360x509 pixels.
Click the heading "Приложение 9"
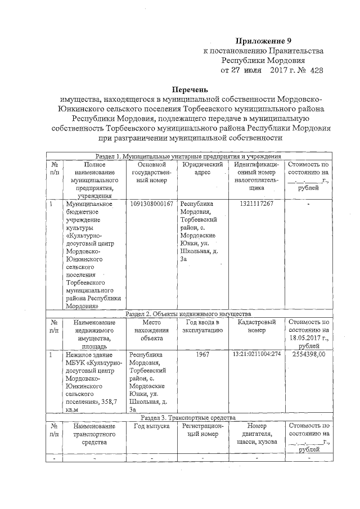click(x=263, y=40)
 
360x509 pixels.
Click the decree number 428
click(x=314, y=70)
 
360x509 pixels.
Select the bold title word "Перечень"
click(x=190, y=89)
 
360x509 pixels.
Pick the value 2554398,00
click(x=309, y=355)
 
